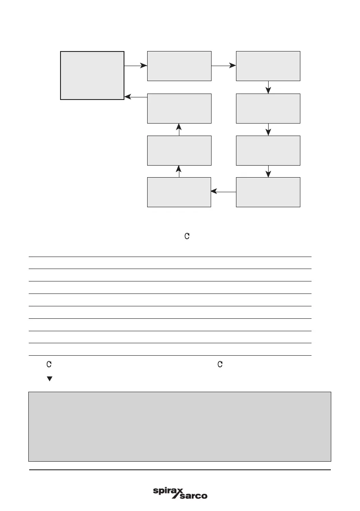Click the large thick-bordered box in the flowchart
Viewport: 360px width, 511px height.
point(92,75)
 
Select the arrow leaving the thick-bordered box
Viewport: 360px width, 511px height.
point(136,66)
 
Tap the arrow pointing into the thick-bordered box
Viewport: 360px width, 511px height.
point(136,97)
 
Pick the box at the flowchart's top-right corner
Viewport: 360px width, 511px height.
point(268,66)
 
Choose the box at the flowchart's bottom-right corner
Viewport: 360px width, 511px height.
point(268,192)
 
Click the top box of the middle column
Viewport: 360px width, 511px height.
point(179,66)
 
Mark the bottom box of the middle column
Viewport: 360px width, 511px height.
point(179,192)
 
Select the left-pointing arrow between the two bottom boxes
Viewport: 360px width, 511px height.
point(224,192)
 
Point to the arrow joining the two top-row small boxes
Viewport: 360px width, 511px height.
point(224,66)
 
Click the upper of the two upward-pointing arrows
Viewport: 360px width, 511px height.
point(179,129)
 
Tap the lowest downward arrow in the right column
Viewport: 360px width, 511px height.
point(269,171)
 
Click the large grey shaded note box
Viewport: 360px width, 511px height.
point(179,426)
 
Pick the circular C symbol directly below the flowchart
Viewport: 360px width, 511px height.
point(187,236)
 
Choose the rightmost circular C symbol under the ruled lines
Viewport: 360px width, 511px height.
point(220,364)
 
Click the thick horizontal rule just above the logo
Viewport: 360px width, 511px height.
point(179,470)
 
